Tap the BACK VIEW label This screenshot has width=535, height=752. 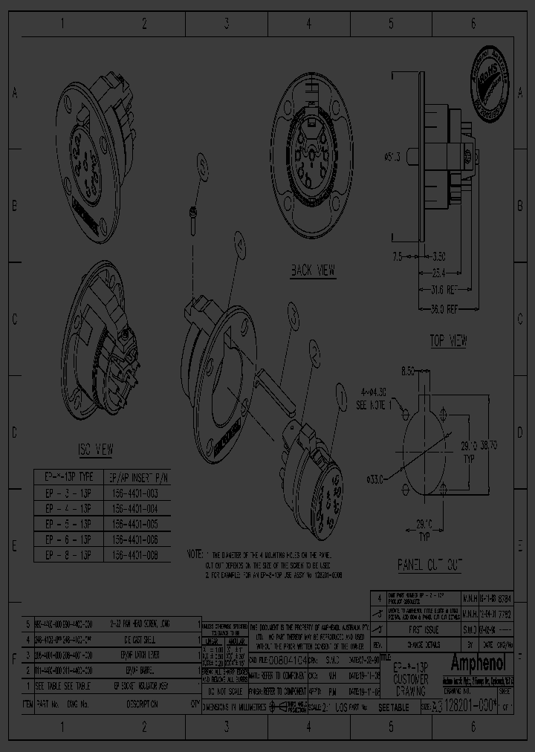312,271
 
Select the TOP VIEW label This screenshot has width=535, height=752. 448,341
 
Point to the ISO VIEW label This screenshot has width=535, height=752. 95,449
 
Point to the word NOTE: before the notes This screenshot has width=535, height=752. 195,554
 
